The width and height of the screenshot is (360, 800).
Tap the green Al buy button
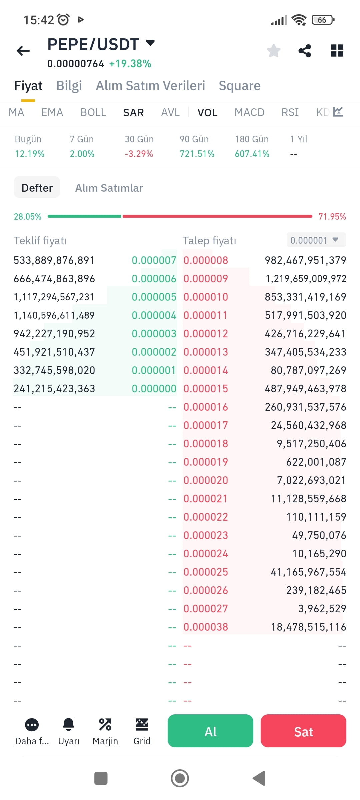tap(210, 731)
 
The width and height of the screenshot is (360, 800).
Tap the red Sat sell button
tap(303, 731)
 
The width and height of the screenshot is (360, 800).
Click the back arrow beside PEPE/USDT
tap(23, 51)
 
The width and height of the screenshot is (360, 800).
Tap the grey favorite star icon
tap(274, 51)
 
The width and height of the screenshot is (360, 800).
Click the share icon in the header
tap(305, 51)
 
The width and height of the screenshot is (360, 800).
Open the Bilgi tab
tap(69, 86)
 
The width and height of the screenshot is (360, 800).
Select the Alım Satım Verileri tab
tap(150, 86)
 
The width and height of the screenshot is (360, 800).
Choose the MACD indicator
tap(249, 112)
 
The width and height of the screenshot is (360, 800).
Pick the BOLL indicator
tap(93, 112)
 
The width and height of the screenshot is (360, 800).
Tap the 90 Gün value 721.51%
tap(197, 154)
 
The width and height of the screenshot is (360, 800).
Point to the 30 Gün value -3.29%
tap(139, 154)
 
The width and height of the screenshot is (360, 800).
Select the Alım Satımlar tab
tap(109, 188)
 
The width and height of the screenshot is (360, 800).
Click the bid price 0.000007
tap(154, 260)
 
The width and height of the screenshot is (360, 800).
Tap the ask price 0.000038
tap(206, 627)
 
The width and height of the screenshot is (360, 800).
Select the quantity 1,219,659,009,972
tap(306, 279)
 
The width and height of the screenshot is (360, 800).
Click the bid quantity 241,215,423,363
tap(54, 389)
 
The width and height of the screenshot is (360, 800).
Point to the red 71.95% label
tap(332, 217)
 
